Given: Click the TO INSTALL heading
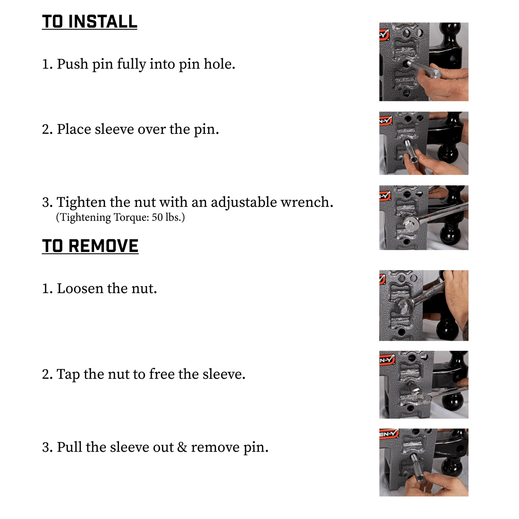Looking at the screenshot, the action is (x=90, y=22).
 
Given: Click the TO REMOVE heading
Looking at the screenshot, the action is (x=90, y=246).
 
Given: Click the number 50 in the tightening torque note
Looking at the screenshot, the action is (x=157, y=217).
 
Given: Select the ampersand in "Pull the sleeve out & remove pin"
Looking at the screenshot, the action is (x=182, y=447).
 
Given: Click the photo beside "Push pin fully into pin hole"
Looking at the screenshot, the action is (x=424, y=62).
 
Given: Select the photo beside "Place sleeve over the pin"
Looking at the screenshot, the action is (x=424, y=143).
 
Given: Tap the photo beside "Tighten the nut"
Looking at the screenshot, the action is (x=424, y=218).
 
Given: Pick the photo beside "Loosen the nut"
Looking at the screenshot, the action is (x=424, y=306).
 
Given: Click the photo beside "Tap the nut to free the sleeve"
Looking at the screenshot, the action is (x=424, y=385).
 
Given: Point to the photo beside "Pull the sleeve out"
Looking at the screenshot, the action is (x=424, y=463).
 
